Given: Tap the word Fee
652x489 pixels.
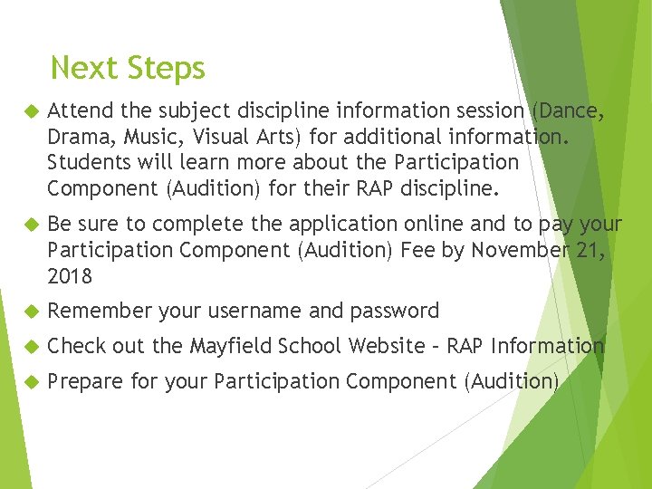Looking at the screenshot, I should (x=417, y=249).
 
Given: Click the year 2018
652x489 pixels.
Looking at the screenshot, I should (x=70, y=275).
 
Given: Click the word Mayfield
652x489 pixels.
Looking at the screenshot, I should (x=233, y=346).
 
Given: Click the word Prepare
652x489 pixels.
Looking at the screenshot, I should (x=85, y=382).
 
